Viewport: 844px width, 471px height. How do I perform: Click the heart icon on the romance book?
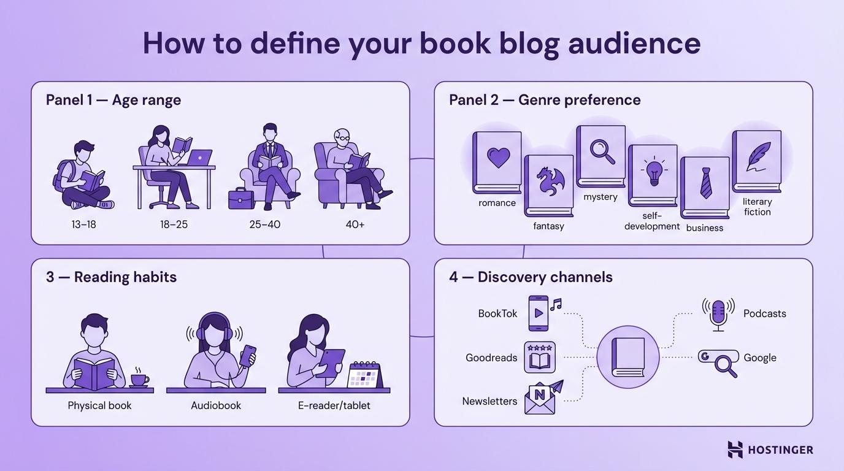pyautogui.click(x=498, y=158)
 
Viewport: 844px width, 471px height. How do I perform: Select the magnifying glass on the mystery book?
pyautogui.click(x=602, y=151)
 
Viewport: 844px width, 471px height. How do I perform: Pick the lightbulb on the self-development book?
pyautogui.click(x=653, y=171)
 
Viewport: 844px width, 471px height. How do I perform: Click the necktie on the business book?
pyautogui.click(x=705, y=183)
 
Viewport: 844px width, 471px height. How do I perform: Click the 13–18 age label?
pyautogui.click(x=83, y=224)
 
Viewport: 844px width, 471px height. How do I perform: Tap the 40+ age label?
pyautogui.click(x=355, y=224)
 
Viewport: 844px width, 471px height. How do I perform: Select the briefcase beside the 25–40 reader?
pyautogui.click(x=240, y=199)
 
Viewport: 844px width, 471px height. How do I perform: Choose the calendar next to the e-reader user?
pyautogui.click(x=365, y=375)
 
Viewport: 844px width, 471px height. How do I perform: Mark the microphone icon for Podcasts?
pyautogui.click(x=718, y=313)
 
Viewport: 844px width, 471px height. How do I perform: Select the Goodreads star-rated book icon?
pyautogui.click(x=540, y=358)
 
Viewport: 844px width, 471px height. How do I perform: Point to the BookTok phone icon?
pyautogui.click(x=538, y=313)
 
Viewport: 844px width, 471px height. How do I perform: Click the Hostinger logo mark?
pyautogui.click(x=735, y=450)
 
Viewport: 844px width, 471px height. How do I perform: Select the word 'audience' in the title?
pyautogui.click(x=634, y=43)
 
